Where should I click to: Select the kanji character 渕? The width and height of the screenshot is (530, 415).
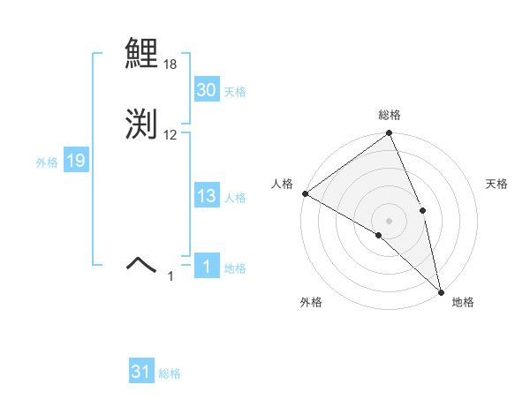pyautogui.click(x=142, y=124)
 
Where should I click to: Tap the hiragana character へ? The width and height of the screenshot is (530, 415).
pyautogui.click(x=142, y=262)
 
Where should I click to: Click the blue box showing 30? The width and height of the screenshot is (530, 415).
pyautogui.click(x=206, y=90)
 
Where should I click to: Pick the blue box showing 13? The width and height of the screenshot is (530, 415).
pyautogui.click(x=206, y=197)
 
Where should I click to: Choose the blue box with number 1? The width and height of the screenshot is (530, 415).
pyautogui.click(x=206, y=267)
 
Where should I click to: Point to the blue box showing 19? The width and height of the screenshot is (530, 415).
pyautogui.click(x=75, y=161)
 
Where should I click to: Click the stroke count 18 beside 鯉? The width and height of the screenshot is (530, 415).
pyautogui.click(x=170, y=65)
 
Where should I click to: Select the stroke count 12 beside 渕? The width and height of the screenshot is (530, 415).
pyautogui.click(x=170, y=134)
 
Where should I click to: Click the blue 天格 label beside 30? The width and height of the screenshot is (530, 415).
pyautogui.click(x=235, y=92)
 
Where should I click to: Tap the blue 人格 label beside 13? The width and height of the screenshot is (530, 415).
pyautogui.click(x=235, y=199)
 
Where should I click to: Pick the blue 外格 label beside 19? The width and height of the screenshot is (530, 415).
pyautogui.click(x=46, y=162)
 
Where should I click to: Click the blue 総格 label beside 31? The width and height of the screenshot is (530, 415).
pyautogui.click(x=170, y=373)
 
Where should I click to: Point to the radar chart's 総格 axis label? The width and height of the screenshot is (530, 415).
pyautogui.click(x=389, y=115)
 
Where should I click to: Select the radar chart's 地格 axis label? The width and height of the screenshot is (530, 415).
pyautogui.click(x=463, y=303)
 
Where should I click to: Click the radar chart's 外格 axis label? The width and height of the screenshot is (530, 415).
pyautogui.click(x=311, y=303)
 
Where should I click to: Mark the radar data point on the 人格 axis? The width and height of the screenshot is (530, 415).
pyautogui.click(x=305, y=193)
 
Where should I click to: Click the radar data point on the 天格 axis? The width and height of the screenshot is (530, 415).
pyautogui.click(x=422, y=210)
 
